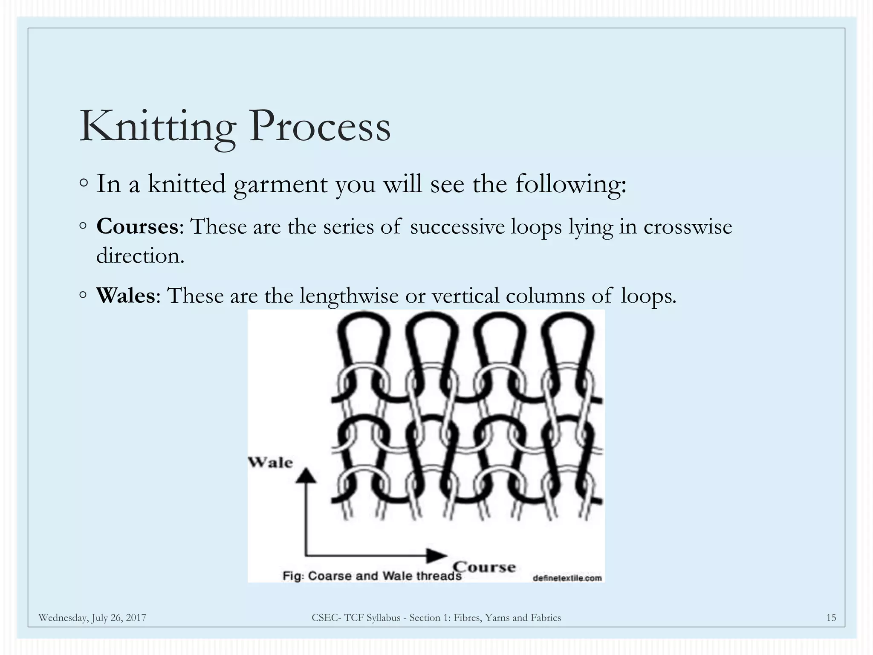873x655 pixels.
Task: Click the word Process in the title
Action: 319,126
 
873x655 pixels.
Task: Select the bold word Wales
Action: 126,296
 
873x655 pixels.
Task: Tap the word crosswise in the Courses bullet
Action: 688,226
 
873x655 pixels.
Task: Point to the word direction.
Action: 140,256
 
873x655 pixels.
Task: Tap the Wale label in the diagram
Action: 270,462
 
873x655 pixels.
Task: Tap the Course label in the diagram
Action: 484,567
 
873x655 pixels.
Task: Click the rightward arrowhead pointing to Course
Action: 436,555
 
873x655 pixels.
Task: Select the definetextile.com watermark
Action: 567,578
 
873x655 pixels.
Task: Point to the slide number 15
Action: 831,617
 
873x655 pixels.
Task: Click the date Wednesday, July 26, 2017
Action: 92,617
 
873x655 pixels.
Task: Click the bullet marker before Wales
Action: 83,295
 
